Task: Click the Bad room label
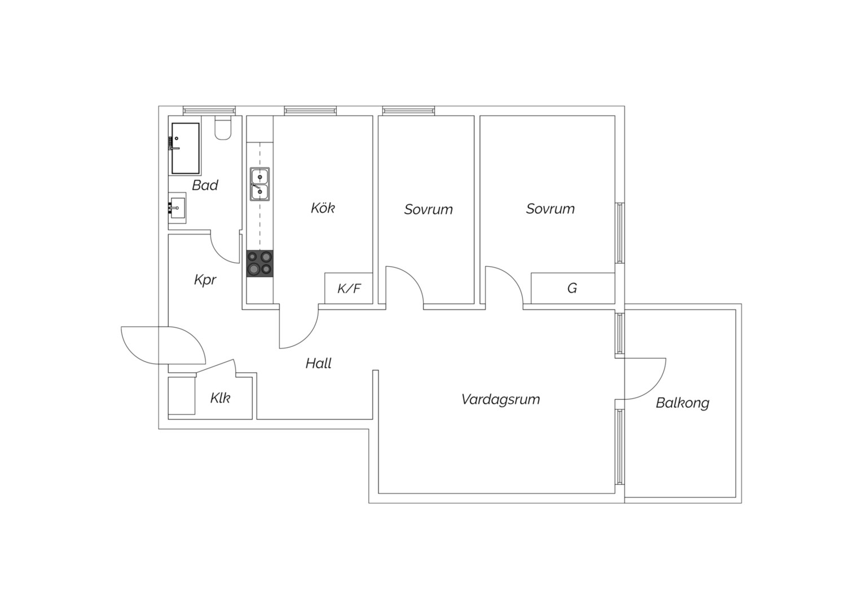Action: [x=205, y=185]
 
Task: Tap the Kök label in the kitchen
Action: [x=323, y=208]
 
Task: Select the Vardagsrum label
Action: [x=500, y=399]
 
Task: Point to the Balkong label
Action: [x=682, y=403]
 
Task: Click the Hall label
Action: [x=319, y=363]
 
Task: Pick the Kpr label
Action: [x=205, y=280]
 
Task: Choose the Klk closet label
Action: [x=220, y=398]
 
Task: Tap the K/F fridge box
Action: [x=349, y=288]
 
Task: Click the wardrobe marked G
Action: [x=573, y=288]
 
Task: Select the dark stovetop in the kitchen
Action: [x=260, y=263]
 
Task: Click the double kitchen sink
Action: [x=260, y=184]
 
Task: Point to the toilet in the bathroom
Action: [x=223, y=127]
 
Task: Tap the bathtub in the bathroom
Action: [x=185, y=148]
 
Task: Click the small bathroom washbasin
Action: [x=177, y=208]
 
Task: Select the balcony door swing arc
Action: [x=654, y=388]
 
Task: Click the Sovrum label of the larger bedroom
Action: [x=550, y=209]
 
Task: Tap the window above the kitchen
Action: [x=310, y=111]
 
